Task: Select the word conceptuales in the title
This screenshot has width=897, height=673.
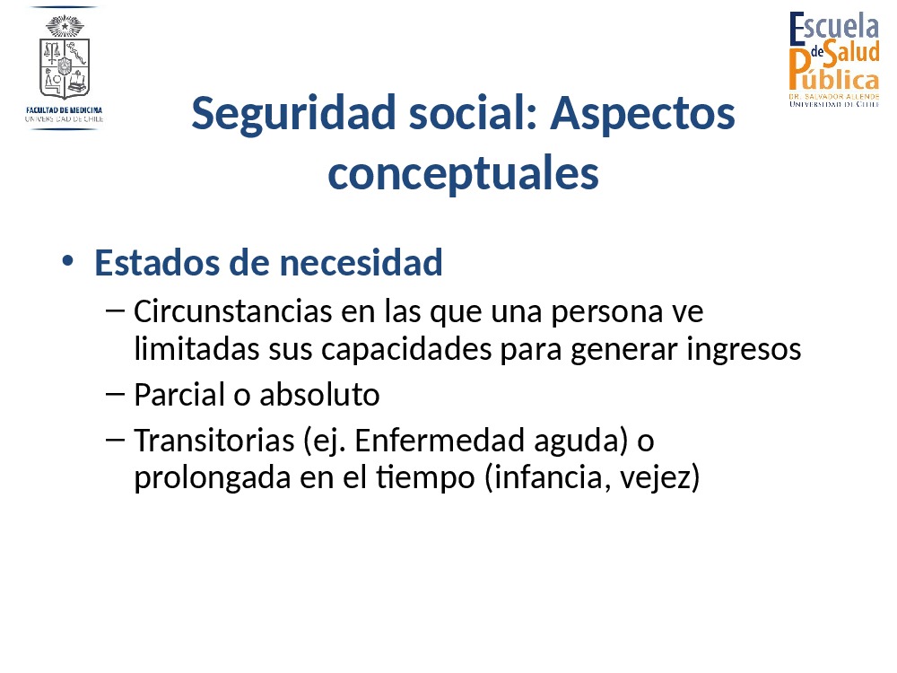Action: coord(464,174)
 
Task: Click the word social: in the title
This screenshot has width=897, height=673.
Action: coord(473,113)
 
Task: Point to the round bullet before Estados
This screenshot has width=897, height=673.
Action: coord(68,261)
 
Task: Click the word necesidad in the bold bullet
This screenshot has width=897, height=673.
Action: coord(361,263)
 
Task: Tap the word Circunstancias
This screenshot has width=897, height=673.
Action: coord(233,312)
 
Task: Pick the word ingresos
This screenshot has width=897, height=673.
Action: coord(744,350)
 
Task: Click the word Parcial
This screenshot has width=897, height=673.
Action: coord(179,395)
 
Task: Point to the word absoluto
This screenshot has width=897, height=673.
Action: coord(319,395)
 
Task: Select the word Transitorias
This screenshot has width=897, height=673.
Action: coord(214,441)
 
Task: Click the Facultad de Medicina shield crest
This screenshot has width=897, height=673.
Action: coord(64,57)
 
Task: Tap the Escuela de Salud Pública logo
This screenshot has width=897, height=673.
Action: coord(833,59)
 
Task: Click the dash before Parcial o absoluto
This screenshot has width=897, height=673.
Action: coord(115,394)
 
